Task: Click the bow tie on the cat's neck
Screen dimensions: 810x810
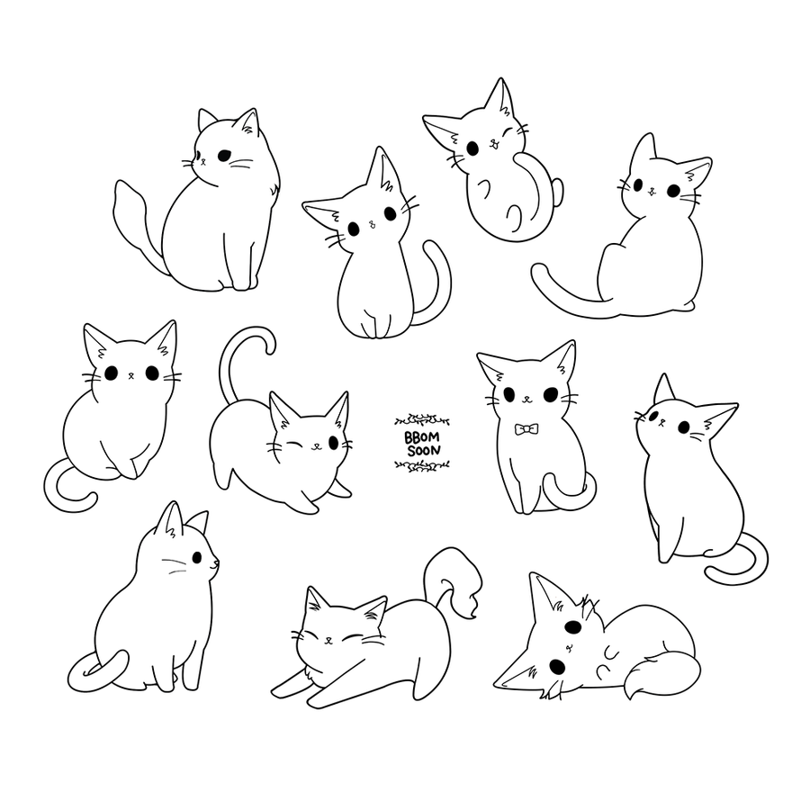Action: point(526,428)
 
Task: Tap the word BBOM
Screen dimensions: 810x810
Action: point(422,438)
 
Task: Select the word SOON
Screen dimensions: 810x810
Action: point(424,451)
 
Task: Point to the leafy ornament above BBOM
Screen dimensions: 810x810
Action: point(421,420)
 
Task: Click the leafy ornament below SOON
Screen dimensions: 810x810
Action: point(421,466)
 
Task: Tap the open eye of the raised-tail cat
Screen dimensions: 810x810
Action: point(333,442)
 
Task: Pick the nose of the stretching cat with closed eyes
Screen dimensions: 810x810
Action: point(328,640)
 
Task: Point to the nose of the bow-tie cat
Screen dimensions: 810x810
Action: point(526,399)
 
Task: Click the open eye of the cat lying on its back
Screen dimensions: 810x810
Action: point(472,148)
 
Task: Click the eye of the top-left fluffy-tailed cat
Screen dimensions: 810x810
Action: point(224,155)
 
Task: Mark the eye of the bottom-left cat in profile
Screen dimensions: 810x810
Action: point(197,557)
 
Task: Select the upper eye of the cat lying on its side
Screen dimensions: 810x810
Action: point(572,627)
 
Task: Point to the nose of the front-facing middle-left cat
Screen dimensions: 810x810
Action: point(131,374)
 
